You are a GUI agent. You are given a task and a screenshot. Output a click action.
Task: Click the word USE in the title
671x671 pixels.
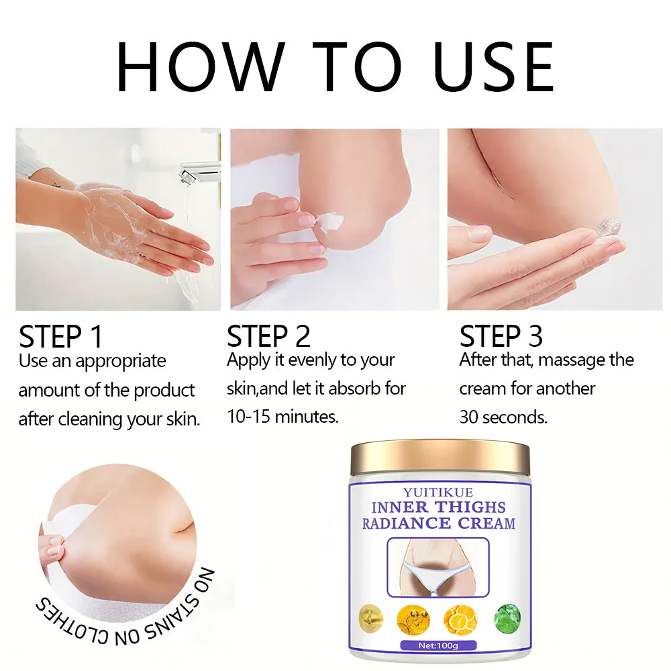[494, 66]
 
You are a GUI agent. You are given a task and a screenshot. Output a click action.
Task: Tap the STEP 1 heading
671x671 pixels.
[61, 337]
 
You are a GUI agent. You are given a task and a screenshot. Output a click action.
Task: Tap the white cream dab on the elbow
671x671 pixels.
[330, 223]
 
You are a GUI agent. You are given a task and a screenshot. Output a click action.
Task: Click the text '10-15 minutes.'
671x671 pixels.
[282, 417]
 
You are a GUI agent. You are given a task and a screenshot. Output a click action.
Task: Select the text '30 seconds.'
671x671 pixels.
[503, 417]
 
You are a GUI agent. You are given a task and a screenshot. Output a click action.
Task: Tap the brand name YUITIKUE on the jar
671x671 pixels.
[438, 493]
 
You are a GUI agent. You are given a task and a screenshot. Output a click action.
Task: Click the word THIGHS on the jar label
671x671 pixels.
[471, 507]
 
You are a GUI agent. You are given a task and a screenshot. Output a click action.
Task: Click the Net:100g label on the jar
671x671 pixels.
[438, 646]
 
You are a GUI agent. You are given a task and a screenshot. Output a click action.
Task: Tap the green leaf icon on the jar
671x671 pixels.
[508, 619]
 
